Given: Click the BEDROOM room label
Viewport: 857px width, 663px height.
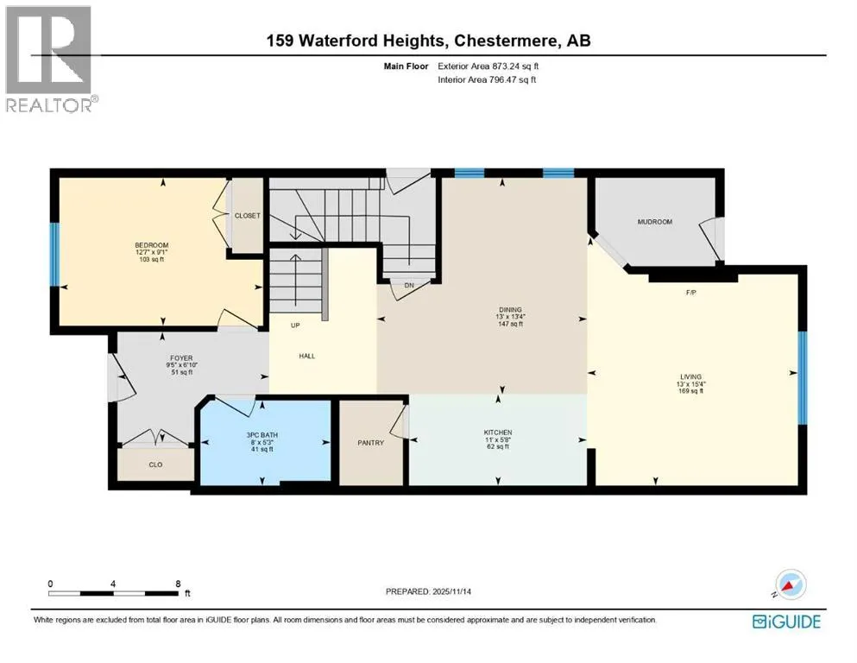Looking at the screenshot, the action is point(151,245).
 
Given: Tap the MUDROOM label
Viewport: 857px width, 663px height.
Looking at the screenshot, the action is point(655,222).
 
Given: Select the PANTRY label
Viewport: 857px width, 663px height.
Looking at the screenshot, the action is point(370,443).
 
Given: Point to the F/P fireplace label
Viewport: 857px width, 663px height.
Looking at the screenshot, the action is point(690,293).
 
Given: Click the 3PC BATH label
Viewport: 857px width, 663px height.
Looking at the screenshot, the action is point(262,435).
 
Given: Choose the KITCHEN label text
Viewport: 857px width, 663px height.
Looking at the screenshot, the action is point(498,433).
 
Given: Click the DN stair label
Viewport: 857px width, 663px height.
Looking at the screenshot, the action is point(409,285).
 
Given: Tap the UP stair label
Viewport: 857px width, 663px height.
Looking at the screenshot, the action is point(295,325).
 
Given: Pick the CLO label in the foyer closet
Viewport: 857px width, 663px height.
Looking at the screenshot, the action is point(155,464).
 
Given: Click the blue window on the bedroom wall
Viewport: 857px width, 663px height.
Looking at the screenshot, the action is point(54,254).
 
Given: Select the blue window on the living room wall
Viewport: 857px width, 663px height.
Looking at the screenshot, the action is point(803,377).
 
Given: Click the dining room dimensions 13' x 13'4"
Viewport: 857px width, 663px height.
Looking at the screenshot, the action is point(510,317).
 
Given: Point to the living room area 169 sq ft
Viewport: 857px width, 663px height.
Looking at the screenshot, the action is point(690,391).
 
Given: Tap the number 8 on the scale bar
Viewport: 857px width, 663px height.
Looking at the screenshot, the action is point(178,584).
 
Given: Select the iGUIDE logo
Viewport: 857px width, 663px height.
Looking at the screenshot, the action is point(786,622).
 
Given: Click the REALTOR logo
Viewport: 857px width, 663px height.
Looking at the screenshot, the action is point(50,59).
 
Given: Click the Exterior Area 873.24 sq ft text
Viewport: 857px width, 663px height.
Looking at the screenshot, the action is point(488,66).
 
